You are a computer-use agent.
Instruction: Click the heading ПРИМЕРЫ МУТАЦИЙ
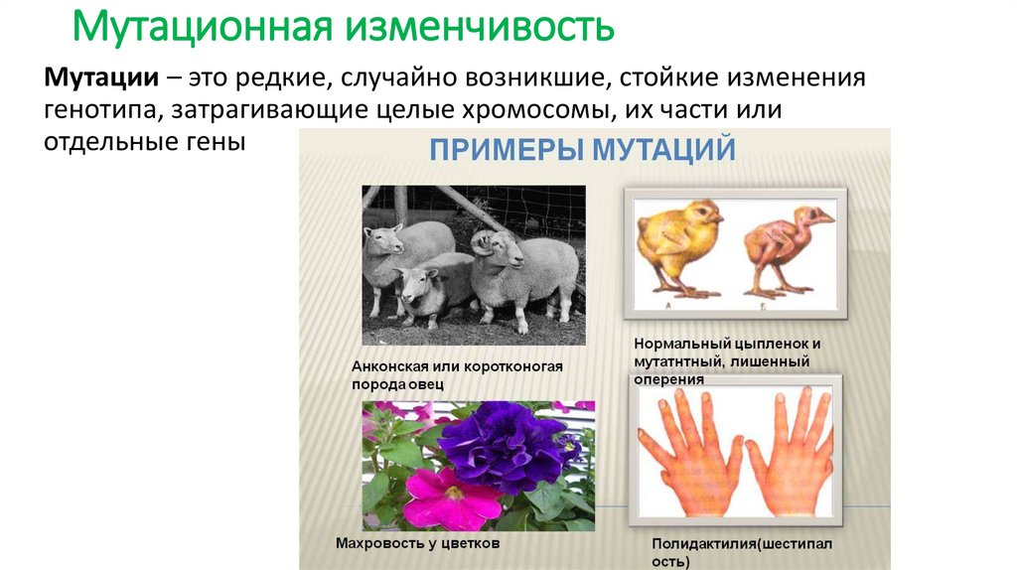pos(582,151)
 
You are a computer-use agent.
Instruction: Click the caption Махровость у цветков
pos(416,544)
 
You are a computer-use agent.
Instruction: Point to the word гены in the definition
pos(216,142)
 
